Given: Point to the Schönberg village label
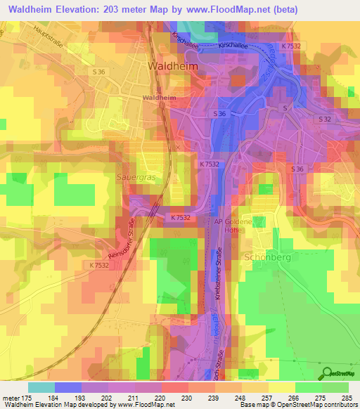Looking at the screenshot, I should click(x=265, y=257).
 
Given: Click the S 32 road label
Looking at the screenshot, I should click(x=324, y=119).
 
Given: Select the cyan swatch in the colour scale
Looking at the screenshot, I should click(x=41, y=387).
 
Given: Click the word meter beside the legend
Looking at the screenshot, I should click(x=12, y=397).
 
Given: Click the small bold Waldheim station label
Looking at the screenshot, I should click(x=159, y=98).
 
